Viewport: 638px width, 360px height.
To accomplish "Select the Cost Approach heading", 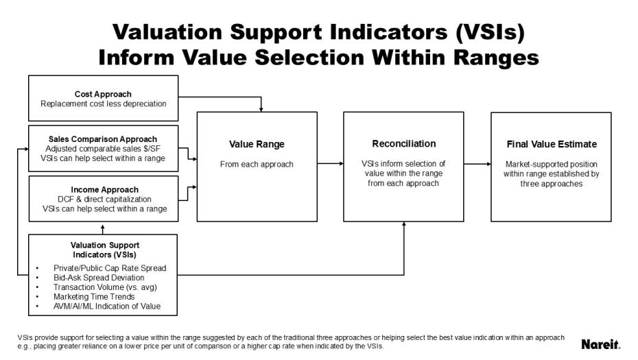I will tap(103, 94).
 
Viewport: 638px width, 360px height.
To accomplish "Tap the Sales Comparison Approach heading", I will tap(103, 139).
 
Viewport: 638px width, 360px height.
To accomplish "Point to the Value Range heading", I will tap(257, 145).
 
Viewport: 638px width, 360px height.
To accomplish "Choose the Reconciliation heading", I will tap(403, 144).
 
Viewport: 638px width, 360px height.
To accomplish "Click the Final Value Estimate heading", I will tap(552, 145).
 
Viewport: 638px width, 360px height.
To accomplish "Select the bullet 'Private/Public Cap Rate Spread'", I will tap(110, 267).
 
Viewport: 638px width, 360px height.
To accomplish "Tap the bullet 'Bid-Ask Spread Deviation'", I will tap(99, 277).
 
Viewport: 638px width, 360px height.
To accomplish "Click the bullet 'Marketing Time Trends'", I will tap(94, 296).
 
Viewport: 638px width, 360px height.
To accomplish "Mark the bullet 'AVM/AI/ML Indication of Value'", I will tap(107, 306).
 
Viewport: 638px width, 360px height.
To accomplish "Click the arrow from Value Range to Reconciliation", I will tap(330, 164).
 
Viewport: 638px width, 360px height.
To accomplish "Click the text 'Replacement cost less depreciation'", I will tap(103, 104).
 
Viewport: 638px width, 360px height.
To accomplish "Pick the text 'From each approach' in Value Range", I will tap(257, 165).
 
